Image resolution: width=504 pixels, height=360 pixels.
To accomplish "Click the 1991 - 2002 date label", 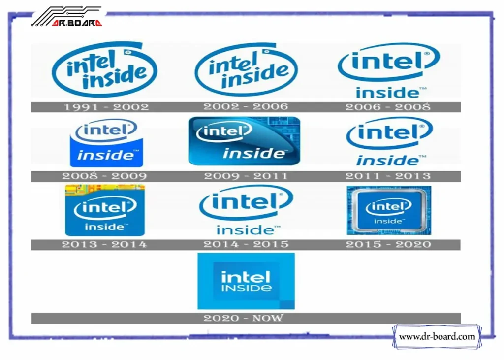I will [x=106, y=107].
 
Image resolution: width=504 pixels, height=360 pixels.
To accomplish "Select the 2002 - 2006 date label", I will [x=246, y=106].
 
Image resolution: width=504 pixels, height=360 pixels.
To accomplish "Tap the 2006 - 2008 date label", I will [x=387, y=107].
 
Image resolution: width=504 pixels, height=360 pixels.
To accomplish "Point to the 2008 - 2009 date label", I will [x=104, y=176].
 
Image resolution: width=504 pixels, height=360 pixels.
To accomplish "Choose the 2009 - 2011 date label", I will [x=246, y=176].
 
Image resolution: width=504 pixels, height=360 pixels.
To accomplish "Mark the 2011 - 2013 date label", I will [x=387, y=176].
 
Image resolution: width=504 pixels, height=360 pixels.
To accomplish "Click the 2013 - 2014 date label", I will [x=104, y=244].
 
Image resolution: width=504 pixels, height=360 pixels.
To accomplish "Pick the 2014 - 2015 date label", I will [x=246, y=244].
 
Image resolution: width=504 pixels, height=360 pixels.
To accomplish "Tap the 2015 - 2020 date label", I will [x=388, y=244].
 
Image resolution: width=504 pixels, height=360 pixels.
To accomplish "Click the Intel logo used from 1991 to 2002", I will [x=105, y=69].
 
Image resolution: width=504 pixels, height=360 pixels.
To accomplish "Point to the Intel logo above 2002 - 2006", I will [x=246, y=69].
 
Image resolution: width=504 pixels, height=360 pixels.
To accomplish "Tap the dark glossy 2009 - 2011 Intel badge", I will [x=244, y=141].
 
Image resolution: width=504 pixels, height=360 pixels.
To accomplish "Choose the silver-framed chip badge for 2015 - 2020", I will [x=389, y=211].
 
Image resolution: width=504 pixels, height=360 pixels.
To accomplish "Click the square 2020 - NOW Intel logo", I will [x=246, y=281].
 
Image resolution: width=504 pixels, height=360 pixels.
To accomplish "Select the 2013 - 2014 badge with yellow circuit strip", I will [x=105, y=211].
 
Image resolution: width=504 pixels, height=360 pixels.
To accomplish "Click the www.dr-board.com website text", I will [x=437, y=337].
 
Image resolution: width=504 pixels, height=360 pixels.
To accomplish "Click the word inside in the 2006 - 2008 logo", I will [x=387, y=93].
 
